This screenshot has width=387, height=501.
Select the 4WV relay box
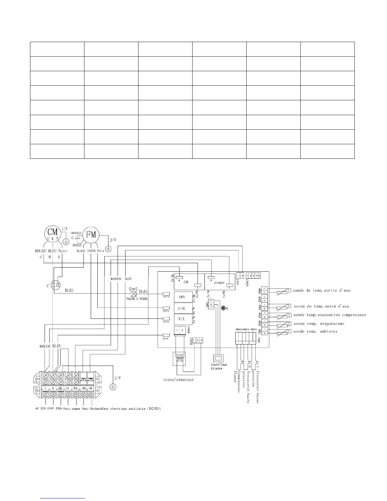click(x=183, y=297)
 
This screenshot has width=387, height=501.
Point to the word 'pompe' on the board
click(x=219, y=283)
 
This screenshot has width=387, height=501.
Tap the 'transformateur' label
click(x=178, y=380)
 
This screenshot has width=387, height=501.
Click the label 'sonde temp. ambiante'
click(x=315, y=331)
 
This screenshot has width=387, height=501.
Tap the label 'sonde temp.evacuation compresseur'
click(x=330, y=315)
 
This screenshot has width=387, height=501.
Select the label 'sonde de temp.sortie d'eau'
click(x=322, y=290)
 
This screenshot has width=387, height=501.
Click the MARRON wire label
click(x=116, y=279)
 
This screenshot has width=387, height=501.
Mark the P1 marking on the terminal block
click(x=68, y=388)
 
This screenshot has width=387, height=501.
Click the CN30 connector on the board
click(x=198, y=340)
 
